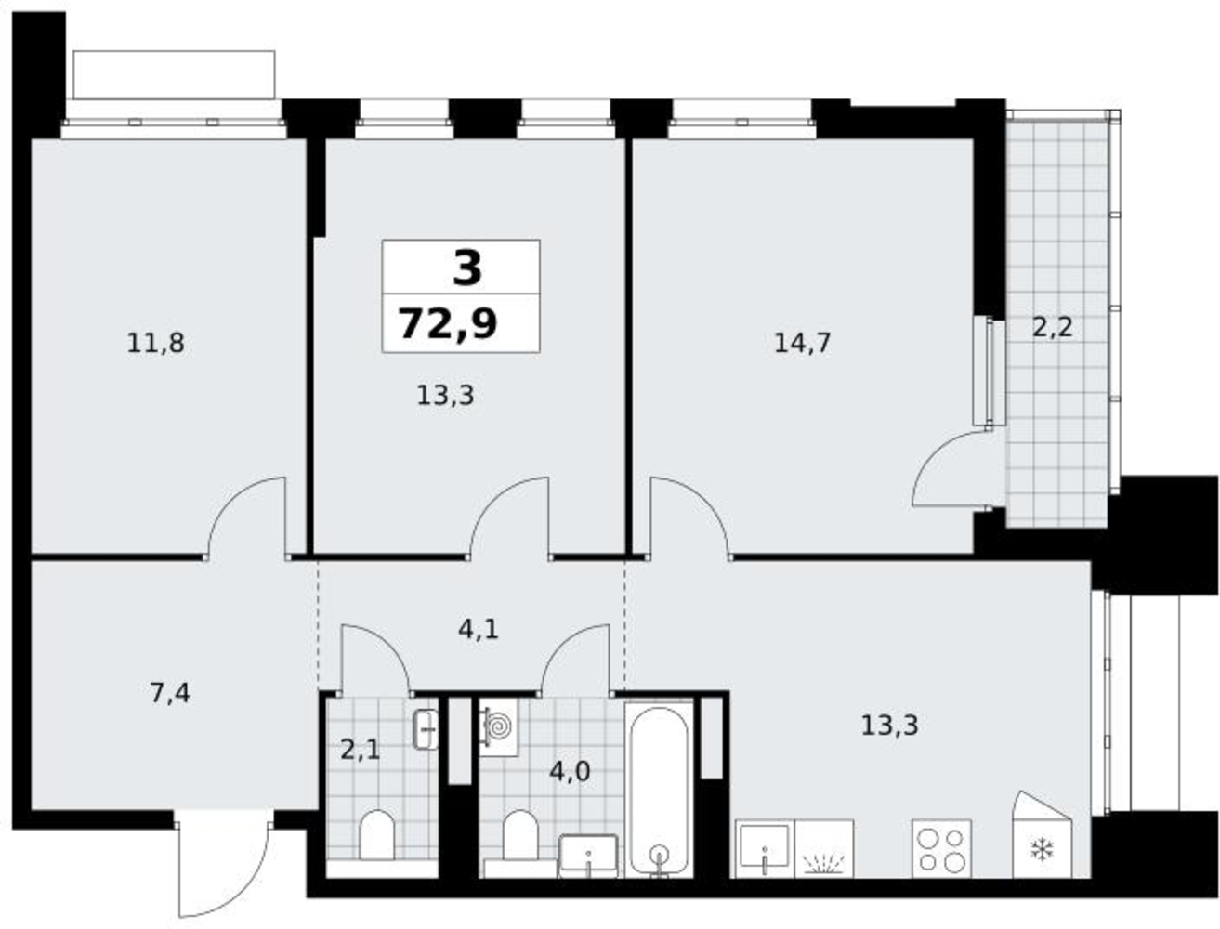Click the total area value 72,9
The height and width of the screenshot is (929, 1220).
(x=448, y=324)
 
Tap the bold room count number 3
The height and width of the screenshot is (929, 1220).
(x=466, y=268)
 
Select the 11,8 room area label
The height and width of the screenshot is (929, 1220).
(x=155, y=343)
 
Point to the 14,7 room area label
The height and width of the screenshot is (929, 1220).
(x=802, y=343)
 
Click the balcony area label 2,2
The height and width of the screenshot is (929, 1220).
(x=1052, y=327)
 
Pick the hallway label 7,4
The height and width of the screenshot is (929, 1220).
(x=170, y=694)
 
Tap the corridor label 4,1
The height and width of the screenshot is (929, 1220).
(x=478, y=630)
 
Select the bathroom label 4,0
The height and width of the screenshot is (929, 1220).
(x=570, y=772)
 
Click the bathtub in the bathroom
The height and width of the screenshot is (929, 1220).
(x=659, y=792)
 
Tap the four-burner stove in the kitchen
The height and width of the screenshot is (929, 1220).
(x=941, y=849)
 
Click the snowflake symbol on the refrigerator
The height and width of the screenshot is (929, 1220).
(x=1043, y=849)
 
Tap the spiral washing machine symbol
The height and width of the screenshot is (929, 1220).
(x=499, y=726)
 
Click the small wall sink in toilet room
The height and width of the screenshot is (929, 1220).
(x=426, y=729)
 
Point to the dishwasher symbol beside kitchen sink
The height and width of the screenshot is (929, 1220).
(x=823, y=849)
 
